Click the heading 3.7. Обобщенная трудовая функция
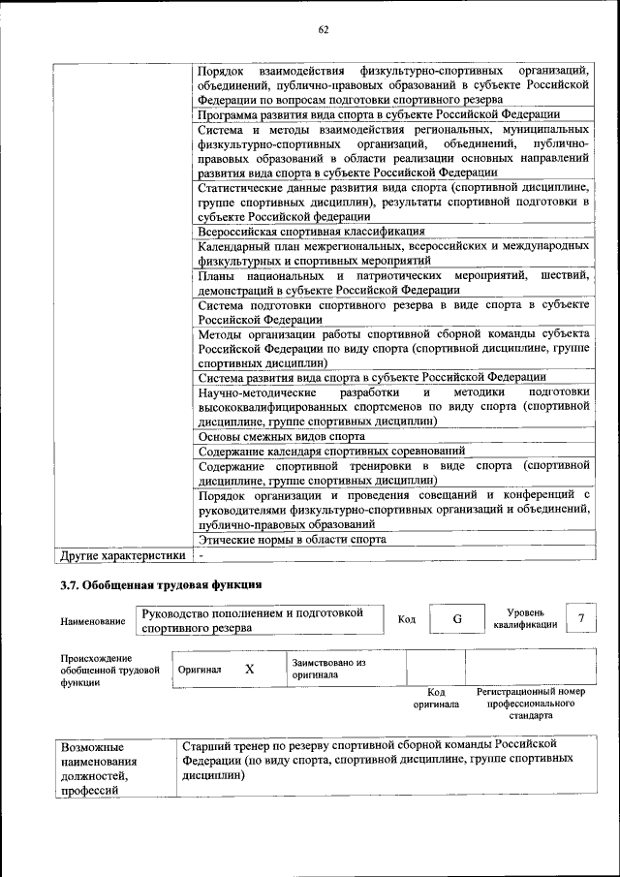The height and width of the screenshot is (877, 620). pos(161,585)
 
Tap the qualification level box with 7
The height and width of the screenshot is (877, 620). pos(580,618)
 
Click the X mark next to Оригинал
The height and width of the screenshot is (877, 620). pos(249,669)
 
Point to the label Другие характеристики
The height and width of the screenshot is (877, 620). pos(122,556)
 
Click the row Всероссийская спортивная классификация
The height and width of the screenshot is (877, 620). pos(311,232)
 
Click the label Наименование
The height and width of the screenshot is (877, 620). pos(93,621)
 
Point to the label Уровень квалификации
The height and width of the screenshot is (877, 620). pos(525,618)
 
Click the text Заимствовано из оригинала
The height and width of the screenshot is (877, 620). pos(328,668)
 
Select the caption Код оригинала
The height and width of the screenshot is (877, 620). pos(436,698)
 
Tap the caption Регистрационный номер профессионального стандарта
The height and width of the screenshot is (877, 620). pos(532,704)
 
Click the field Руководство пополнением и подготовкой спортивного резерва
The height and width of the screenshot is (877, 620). pos(254,620)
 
